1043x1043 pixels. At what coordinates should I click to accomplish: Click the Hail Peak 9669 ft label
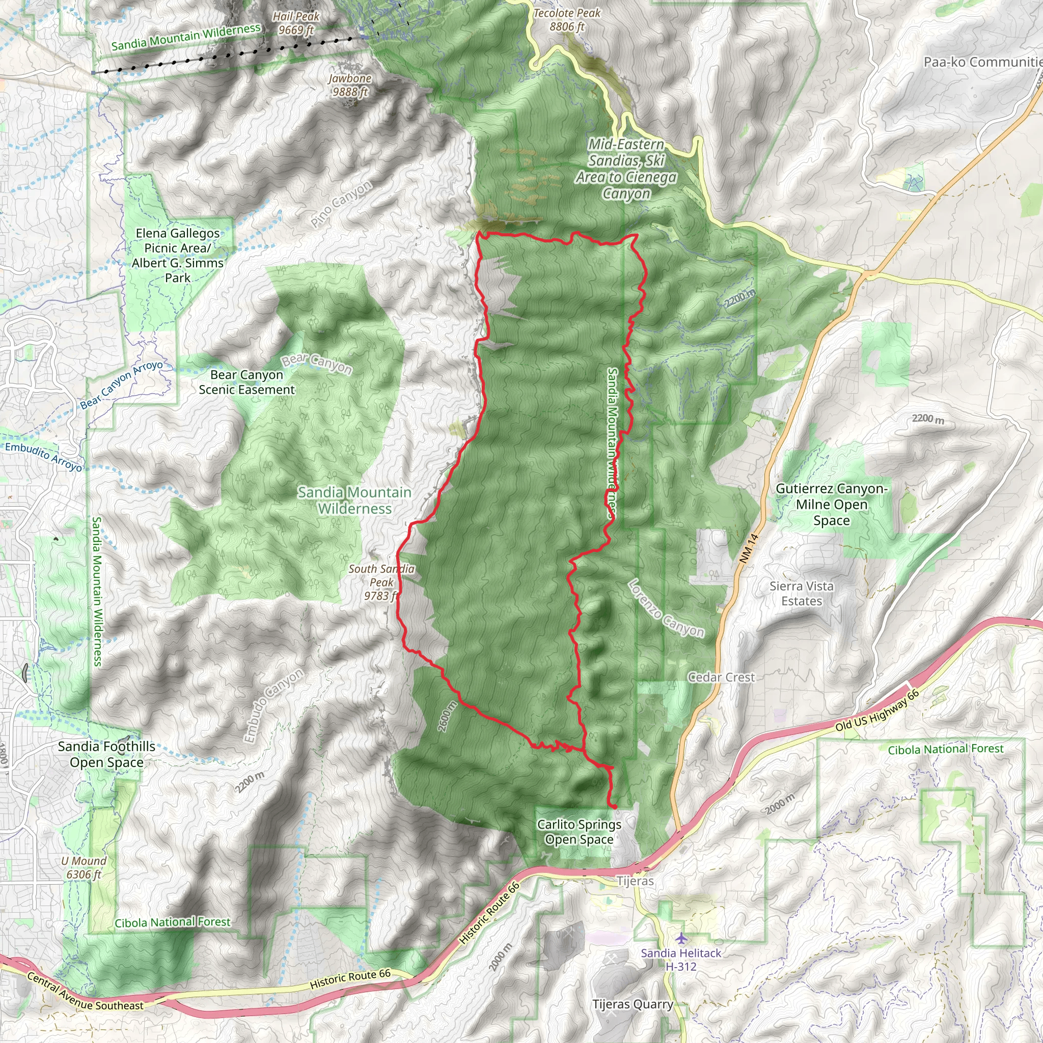296,23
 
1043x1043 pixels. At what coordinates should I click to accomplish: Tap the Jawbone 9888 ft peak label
350,85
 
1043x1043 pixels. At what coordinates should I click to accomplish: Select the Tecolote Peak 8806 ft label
567,19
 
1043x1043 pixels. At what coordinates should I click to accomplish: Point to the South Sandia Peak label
381,583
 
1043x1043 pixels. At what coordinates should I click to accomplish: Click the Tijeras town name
635,881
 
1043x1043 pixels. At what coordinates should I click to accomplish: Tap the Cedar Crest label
721,677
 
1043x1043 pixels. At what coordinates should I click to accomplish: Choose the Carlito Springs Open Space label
579,832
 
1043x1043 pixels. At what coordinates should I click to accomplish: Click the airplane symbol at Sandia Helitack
681,938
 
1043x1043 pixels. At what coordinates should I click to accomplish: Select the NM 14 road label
749,549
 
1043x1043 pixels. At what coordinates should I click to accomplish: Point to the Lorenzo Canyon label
666,609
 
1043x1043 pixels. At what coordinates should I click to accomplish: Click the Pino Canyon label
341,204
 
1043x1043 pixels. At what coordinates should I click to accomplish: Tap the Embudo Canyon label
273,706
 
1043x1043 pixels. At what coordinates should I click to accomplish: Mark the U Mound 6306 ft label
84,867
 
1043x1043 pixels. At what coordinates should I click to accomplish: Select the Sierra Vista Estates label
801,593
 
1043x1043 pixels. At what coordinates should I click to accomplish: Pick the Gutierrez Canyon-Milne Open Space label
831,504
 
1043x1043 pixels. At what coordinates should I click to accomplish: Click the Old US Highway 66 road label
877,711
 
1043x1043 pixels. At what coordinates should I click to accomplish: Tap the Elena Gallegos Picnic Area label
178,255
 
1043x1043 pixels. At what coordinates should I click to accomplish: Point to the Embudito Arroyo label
43,457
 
